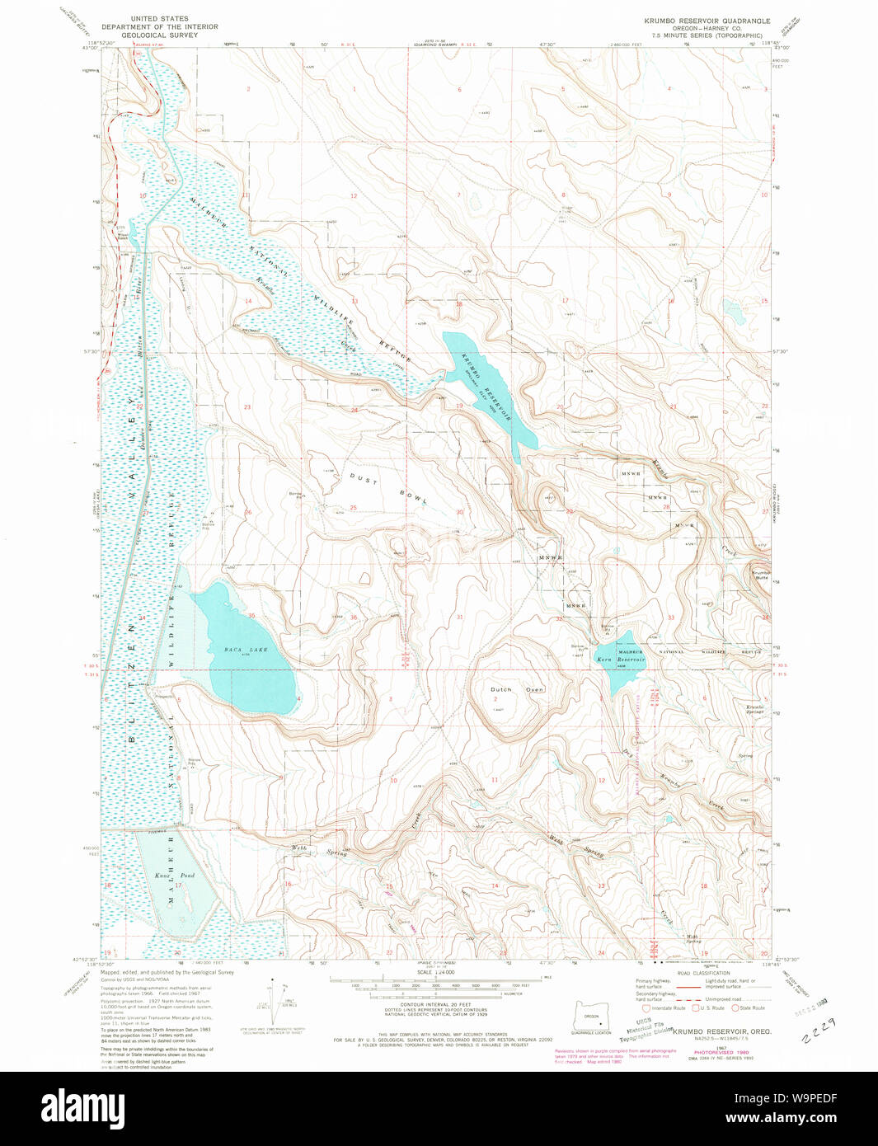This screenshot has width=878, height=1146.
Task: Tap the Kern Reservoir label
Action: [621, 660]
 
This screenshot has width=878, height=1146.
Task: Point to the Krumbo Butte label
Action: [760, 575]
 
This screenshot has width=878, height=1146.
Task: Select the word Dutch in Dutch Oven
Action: [501, 689]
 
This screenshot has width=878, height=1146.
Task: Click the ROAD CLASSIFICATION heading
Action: [703, 973]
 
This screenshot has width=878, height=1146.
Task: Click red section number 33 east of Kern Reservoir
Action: [671, 618]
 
